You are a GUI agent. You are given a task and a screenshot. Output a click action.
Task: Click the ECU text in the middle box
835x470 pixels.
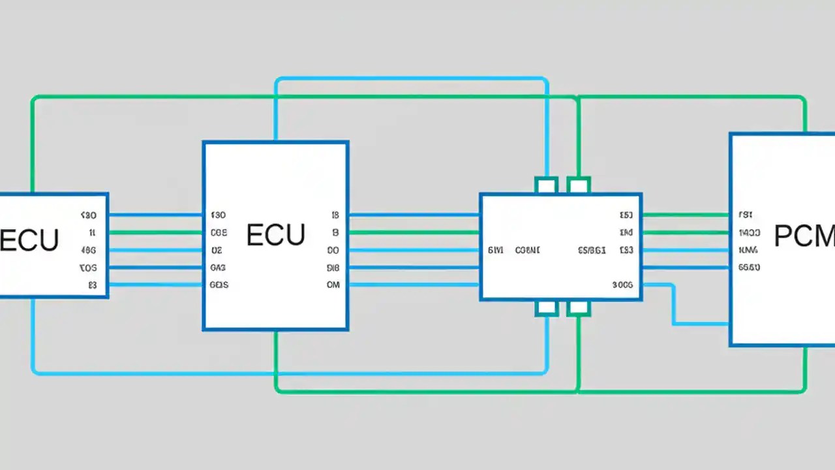tap(275, 236)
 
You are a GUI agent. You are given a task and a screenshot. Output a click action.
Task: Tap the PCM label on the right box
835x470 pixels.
tap(804, 236)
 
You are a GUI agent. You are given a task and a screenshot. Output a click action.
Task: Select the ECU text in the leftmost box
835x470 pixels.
tap(29, 240)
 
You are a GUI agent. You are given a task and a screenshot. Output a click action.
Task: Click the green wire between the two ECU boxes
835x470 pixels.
tap(155, 232)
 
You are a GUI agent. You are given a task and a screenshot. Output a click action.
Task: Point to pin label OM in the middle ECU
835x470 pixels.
tap(333, 285)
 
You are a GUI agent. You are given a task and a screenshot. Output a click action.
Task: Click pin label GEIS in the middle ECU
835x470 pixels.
tap(219, 285)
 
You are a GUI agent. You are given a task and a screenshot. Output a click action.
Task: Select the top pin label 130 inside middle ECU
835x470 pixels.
tap(219, 215)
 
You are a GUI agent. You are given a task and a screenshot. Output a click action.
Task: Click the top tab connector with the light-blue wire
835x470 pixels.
tap(547, 185)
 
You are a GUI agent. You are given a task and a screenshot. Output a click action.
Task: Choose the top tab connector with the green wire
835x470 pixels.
tap(578, 185)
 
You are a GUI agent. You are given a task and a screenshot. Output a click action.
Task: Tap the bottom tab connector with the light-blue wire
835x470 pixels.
tap(547, 308)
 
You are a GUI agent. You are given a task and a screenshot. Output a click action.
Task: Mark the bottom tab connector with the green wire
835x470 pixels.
tap(578, 308)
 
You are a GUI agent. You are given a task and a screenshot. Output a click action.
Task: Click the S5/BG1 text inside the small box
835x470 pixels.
tap(592, 250)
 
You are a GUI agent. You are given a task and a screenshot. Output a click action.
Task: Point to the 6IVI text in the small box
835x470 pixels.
tap(495, 250)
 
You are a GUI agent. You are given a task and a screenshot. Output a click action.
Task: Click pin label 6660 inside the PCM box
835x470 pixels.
tap(749, 268)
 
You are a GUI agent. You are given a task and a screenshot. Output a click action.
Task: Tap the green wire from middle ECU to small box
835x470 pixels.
tap(414, 232)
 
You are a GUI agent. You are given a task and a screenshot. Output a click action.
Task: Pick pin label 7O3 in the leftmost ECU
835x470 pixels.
tap(88, 268)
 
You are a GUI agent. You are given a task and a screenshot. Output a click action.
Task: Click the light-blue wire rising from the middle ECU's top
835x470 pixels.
tap(276, 111)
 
